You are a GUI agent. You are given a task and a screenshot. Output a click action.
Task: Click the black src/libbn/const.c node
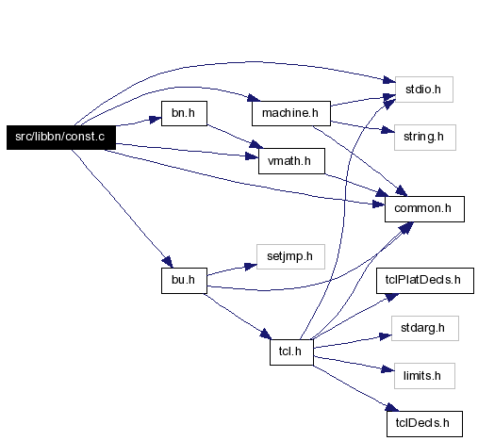pyautogui.click(x=61, y=138)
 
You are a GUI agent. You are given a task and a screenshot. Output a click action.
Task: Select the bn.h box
pyautogui.click(x=184, y=113)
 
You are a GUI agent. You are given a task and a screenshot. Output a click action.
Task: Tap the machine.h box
pyautogui.click(x=291, y=113)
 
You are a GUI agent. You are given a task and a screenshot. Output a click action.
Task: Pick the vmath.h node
pyautogui.click(x=291, y=161)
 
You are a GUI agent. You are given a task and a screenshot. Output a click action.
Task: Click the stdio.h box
pyautogui.click(x=424, y=90)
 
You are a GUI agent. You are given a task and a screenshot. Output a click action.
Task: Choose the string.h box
pyautogui.click(x=425, y=138)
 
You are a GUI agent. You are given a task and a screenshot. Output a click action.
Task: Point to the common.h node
pyautogui.click(x=424, y=209)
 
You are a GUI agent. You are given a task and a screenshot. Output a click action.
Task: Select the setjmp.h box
pyautogui.click(x=290, y=256)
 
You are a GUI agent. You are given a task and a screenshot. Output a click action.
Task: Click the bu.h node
pyautogui.click(x=184, y=281)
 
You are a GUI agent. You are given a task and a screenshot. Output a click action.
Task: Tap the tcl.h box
pyautogui.click(x=291, y=352)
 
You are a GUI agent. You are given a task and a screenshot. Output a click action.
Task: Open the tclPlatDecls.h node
pyautogui.click(x=425, y=281)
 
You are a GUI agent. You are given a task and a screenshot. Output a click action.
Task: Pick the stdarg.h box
pyautogui.click(x=425, y=328)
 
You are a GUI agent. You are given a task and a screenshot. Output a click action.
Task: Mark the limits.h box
pyautogui.click(x=424, y=376)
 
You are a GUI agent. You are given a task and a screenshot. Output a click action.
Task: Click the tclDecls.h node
pyautogui.click(x=424, y=424)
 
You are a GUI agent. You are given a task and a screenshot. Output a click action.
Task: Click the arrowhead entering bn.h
pyautogui.click(x=156, y=120)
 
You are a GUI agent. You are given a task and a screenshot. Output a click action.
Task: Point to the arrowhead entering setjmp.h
pyautogui.click(x=251, y=267)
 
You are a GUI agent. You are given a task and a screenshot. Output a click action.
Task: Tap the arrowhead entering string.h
pyautogui.click(x=387, y=130)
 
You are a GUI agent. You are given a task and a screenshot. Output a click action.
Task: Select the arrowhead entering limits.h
pyautogui.click(x=387, y=369)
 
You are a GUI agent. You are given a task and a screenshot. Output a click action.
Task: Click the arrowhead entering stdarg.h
pyautogui.click(x=386, y=336)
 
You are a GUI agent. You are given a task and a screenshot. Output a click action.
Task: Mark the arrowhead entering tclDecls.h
pyautogui.click(x=392, y=407)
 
